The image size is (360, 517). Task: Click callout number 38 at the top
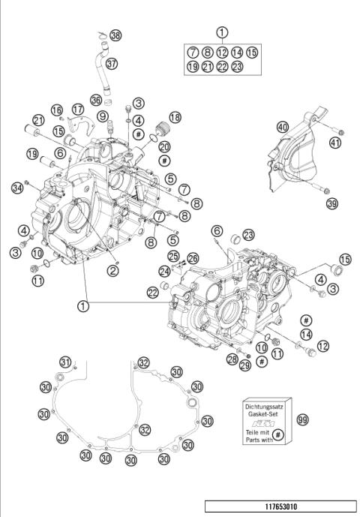(115, 36)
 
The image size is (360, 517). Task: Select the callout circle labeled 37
(112, 64)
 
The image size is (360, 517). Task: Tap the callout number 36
(96, 100)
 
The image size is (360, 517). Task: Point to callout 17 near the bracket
(77, 110)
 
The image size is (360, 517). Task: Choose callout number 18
(175, 118)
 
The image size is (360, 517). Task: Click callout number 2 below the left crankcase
(112, 270)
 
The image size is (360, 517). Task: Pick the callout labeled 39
(331, 203)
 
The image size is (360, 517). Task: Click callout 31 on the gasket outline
(67, 364)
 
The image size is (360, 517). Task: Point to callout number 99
(303, 422)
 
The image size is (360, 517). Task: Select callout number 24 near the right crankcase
(164, 271)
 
